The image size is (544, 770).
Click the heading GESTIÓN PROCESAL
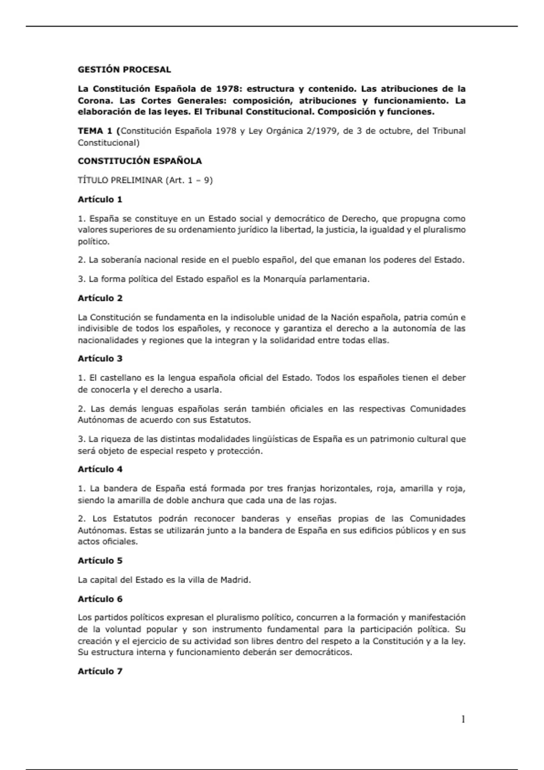coord(124,70)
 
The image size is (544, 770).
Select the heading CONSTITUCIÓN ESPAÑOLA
coord(140,161)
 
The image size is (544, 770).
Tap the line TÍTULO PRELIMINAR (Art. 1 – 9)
coord(145,180)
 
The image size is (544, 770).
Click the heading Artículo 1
coord(100,200)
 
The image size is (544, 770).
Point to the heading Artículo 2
coord(100,298)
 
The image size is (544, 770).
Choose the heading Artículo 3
coord(100,359)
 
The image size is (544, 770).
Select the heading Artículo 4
coord(100,469)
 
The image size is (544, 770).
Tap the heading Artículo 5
coord(100,561)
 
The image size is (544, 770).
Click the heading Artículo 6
coord(100,599)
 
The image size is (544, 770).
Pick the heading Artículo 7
coord(100,671)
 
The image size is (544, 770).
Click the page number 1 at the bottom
coord(463,719)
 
